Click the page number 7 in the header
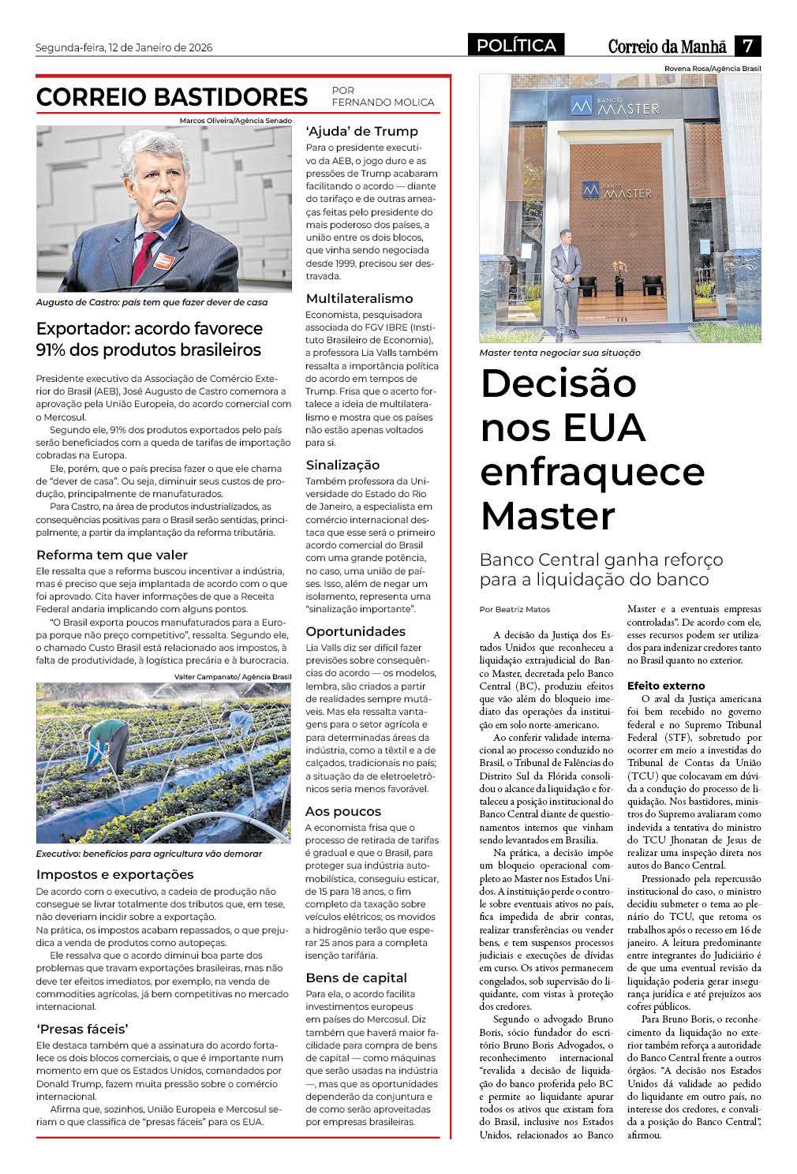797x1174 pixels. [747, 46]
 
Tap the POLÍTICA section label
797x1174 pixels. [516, 46]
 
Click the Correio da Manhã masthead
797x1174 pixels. [667, 47]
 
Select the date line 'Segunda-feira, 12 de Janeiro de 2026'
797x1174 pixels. [124, 47]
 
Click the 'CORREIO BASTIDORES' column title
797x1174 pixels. [171, 97]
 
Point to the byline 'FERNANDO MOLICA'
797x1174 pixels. [383, 102]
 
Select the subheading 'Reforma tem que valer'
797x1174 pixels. [112, 555]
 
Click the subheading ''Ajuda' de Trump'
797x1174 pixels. [361, 131]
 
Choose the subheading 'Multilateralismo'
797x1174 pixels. [359, 298]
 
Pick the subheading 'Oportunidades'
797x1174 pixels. [355, 631]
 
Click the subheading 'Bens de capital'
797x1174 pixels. [356, 978]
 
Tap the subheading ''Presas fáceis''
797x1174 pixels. [82, 1028]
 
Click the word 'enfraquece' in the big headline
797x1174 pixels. [592, 472]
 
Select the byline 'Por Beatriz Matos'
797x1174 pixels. [514, 609]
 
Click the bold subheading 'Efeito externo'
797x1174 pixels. [666, 686]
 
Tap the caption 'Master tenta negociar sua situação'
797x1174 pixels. [559, 353]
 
